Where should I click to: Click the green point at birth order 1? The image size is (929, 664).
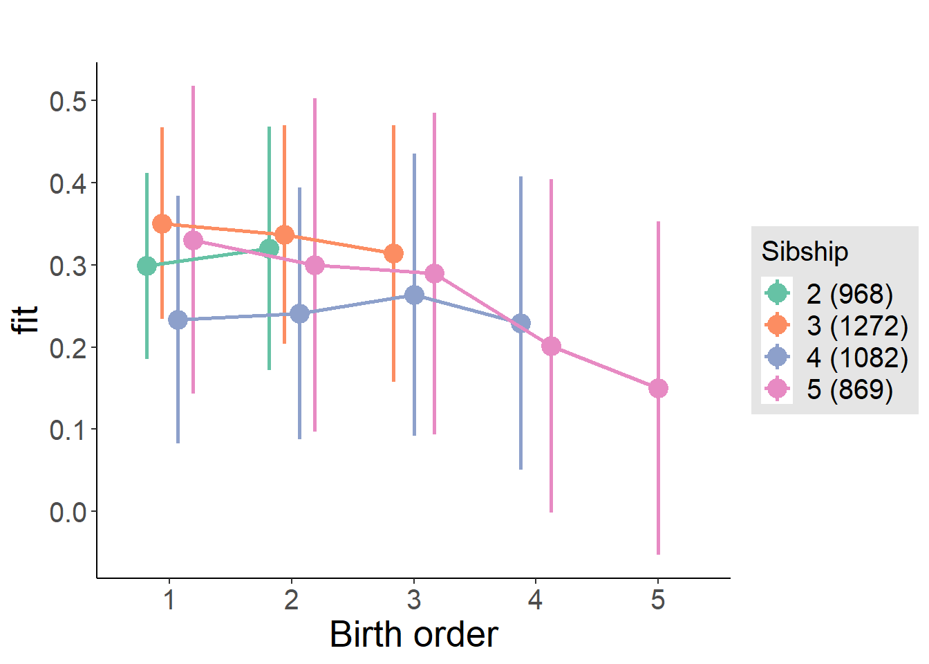point(147,266)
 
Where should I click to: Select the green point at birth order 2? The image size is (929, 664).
point(270,249)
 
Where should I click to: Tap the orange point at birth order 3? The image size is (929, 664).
point(393,254)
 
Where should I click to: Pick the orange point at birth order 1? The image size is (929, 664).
point(162,224)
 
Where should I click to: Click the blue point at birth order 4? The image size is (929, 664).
point(520,323)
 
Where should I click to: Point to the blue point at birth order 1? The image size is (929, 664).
point(178,320)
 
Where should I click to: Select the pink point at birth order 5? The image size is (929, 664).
point(658,389)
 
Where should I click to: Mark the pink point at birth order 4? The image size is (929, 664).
point(551,347)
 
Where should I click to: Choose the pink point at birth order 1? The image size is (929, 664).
point(194,241)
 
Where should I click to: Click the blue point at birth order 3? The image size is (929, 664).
point(414,295)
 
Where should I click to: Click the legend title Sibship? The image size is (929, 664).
point(805,251)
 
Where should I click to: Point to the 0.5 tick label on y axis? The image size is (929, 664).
point(68,102)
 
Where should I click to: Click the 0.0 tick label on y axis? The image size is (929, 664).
point(68,513)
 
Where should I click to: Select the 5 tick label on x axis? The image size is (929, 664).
point(658,600)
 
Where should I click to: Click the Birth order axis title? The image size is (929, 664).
point(413,634)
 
